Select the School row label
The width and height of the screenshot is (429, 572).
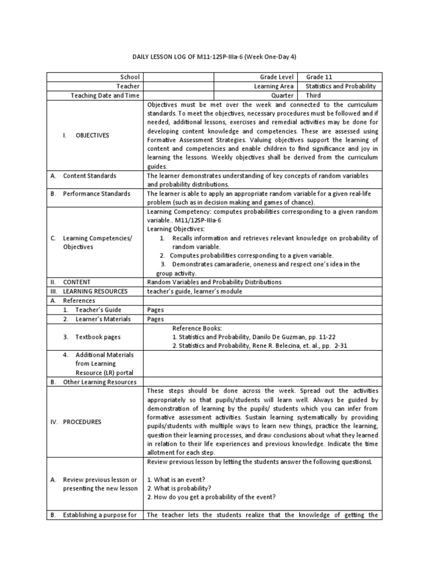point(130,77)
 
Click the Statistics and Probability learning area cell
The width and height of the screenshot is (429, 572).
point(341,86)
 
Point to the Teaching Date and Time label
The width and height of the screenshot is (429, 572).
point(105,96)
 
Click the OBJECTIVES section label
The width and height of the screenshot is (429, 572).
point(92,135)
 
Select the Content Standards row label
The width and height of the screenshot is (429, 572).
point(89,175)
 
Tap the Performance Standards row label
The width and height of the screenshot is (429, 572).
point(96,193)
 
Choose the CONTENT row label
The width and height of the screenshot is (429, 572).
point(77,282)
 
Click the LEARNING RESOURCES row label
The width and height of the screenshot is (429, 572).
point(95,291)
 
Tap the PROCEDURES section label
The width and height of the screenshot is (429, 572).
point(82,422)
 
